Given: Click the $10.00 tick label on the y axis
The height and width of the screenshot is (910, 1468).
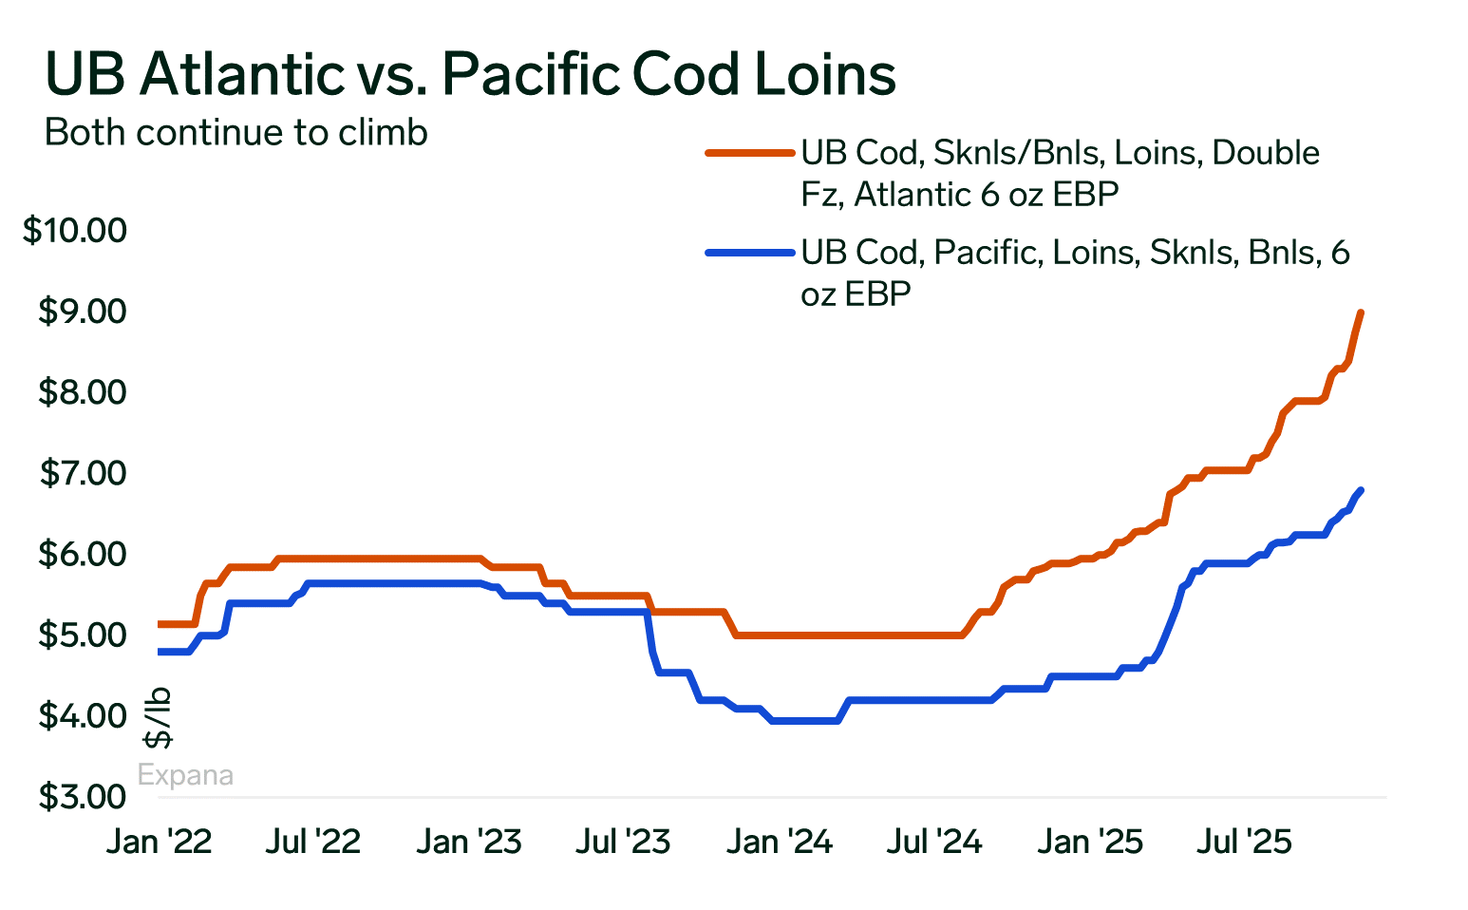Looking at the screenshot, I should pyautogui.click(x=75, y=231).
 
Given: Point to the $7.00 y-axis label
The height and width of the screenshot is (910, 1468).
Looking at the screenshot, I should pyautogui.click(x=83, y=473).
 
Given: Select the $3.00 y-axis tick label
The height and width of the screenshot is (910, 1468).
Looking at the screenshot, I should pyautogui.click(x=83, y=797).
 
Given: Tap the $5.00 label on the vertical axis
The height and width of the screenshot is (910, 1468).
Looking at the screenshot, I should pyautogui.click(x=83, y=635).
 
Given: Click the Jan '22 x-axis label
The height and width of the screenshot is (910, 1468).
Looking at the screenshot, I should pyautogui.click(x=160, y=842).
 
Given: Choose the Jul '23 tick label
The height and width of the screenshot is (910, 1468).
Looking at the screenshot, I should pyautogui.click(x=624, y=842).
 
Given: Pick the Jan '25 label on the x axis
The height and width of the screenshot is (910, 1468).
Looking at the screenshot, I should pyautogui.click(x=1090, y=842).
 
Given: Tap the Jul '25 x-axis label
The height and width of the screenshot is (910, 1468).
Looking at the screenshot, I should pyautogui.click(x=1244, y=842).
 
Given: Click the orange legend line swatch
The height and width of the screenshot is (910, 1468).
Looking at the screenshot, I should pyautogui.click(x=749, y=152).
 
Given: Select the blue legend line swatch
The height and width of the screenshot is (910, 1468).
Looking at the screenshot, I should pyautogui.click(x=749, y=253).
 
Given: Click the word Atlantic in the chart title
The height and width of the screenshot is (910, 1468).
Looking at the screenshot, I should pyautogui.click(x=241, y=74).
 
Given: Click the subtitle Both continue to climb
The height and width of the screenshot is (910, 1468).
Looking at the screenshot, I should pyautogui.click(x=236, y=132).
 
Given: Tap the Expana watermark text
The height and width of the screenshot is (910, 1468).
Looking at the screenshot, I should pyautogui.click(x=185, y=775).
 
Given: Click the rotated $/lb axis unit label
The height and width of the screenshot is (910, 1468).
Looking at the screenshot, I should pyautogui.click(x=158, y=717).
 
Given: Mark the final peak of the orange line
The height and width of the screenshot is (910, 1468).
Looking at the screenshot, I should pyautogui.click(x=1361, y=313).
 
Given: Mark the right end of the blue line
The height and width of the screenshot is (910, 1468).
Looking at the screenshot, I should pyautogui.click(x=1362, y=490).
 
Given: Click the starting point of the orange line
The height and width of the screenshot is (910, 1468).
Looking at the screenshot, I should pyautogui.click(x=160, y=624).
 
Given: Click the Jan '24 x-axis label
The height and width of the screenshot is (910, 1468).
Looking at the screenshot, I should pyautogui.click(x=780, y=842).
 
